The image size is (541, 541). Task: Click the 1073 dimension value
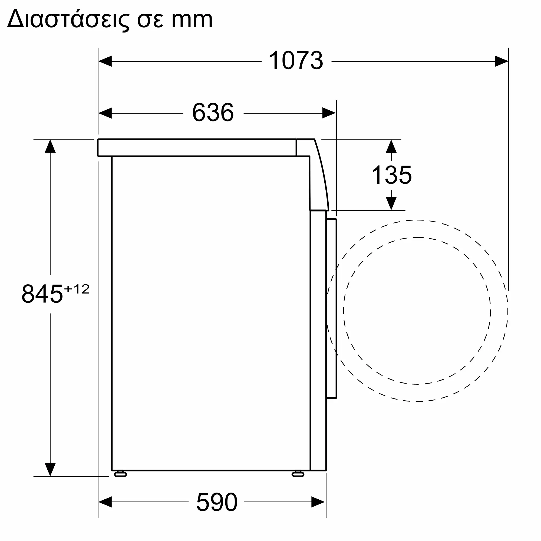[x=296, y=60]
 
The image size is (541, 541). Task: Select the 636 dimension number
[x=213, y=113]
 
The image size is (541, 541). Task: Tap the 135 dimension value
[x=391, y=175]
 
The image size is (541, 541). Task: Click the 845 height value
[x=42, y=294]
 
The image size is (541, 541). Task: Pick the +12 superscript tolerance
[x=77, y=289]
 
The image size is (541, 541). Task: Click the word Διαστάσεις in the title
[x=68, y=19]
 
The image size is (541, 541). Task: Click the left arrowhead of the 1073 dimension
[x=105, y=61]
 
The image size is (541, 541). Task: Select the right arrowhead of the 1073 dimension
[x=502, y=61]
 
